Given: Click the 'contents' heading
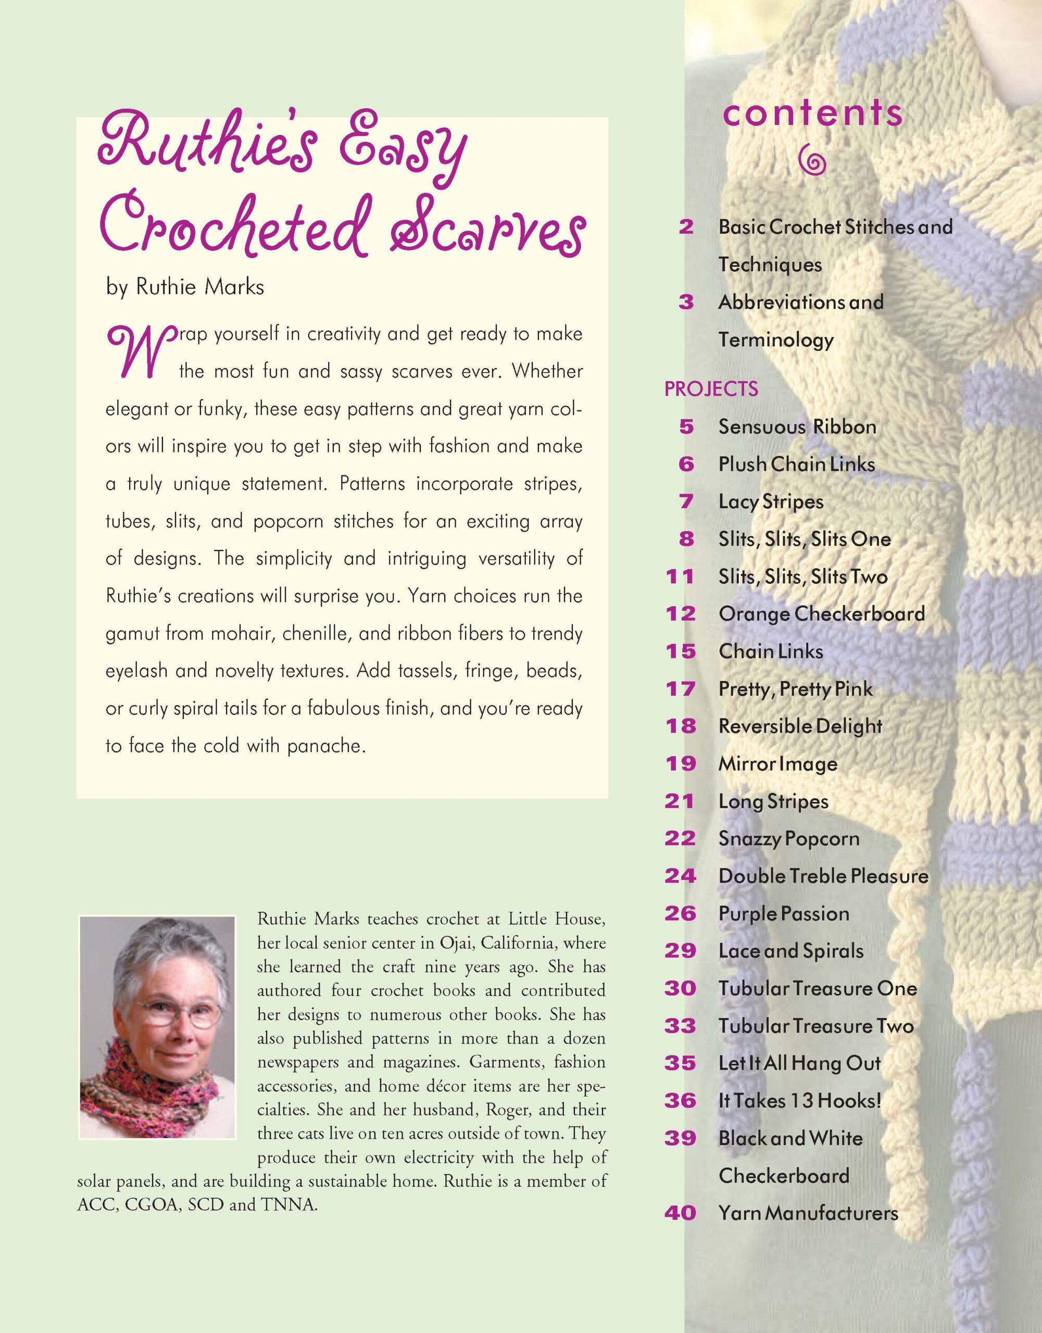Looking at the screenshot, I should tap(812, 114).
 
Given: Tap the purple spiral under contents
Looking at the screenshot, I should tap(812, 160).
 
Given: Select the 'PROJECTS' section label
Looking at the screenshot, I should tap(711, 389).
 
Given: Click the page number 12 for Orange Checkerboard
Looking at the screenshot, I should tap(681, 614).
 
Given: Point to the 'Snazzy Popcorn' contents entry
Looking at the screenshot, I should tap(789, 839).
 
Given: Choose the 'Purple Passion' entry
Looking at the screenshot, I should tap(784, 914).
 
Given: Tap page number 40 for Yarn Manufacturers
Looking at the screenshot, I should tap(680, 1213).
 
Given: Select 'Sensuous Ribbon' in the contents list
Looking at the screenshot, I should tap(797, 426).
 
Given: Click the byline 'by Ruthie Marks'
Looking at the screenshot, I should tap(185, 287).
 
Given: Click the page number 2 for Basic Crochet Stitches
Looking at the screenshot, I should tap(686, 227).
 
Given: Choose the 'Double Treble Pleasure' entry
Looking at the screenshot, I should tap(823, 876).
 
